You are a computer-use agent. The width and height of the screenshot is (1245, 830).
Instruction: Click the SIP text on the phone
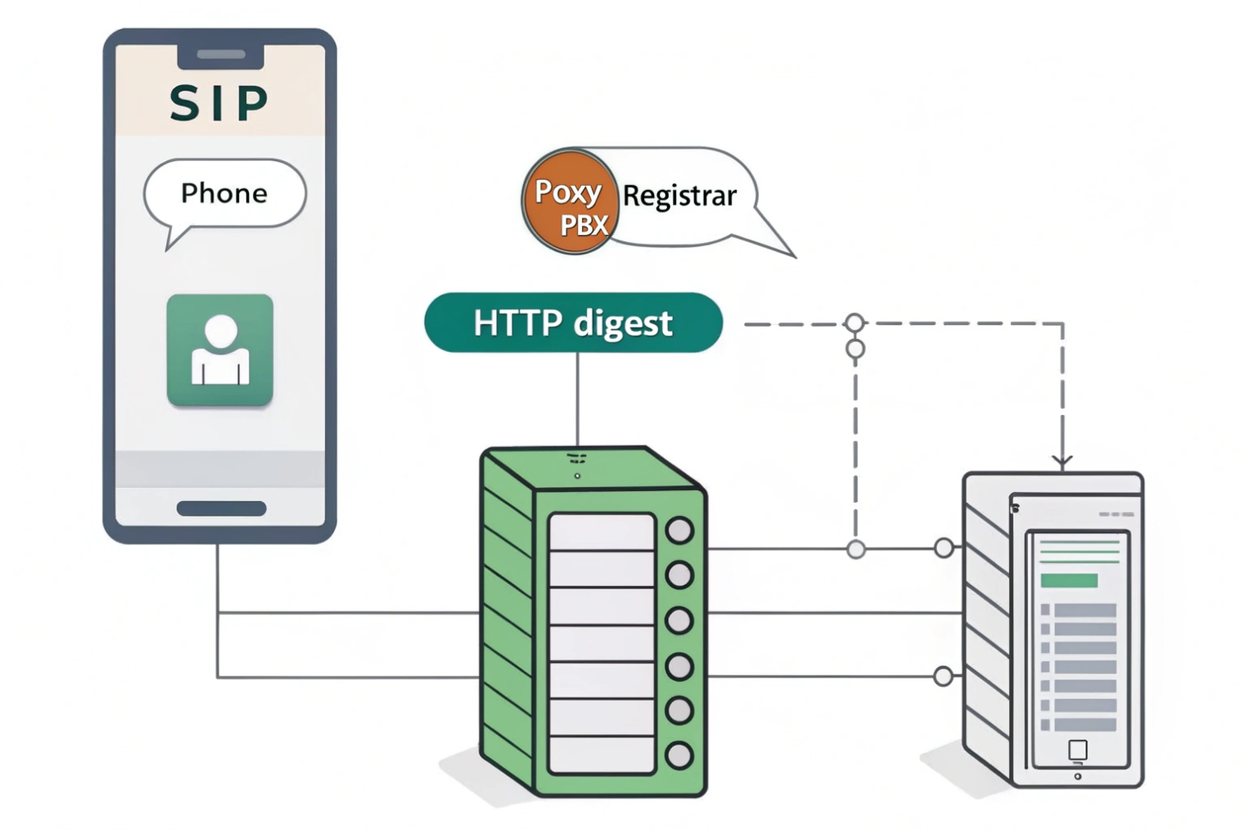click(x=219, y=103)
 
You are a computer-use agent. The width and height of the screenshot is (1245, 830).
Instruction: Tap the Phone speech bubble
click(x=224, y=193)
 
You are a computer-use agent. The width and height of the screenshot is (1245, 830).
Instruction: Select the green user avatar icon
click(x=219, y=350)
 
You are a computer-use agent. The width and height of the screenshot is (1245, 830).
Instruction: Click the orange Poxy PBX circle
click(x=571, y=201)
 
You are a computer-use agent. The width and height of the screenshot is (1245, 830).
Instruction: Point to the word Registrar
click(x=679, y=196)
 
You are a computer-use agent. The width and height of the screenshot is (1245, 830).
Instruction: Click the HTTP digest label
click(x=573, y=323)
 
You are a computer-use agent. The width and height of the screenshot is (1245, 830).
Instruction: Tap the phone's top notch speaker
click(x=221, y=55)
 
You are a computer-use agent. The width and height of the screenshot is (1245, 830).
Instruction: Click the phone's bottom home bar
click(x=221, y=508)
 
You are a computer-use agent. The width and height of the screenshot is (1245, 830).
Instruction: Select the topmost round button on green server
click(x=679, y=530)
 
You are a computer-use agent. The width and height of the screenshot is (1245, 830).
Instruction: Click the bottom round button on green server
click(x=679, y=755)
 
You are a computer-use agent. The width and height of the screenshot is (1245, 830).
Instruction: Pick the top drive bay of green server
click(x=602, y=532)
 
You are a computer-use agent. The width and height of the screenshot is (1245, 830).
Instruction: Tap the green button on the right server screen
click(x=1069, y=580)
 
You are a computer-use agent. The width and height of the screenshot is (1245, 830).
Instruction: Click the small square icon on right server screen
click(x=1078, y=749)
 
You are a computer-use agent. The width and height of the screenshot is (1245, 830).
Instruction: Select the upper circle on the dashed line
click(x=855, y=323)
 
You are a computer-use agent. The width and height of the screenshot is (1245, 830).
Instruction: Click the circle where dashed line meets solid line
click(x=855, y=549)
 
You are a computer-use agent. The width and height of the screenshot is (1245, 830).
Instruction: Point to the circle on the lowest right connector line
click(x=943, y=676)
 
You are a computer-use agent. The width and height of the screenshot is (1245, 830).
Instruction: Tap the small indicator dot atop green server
click(x=577, y=476)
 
